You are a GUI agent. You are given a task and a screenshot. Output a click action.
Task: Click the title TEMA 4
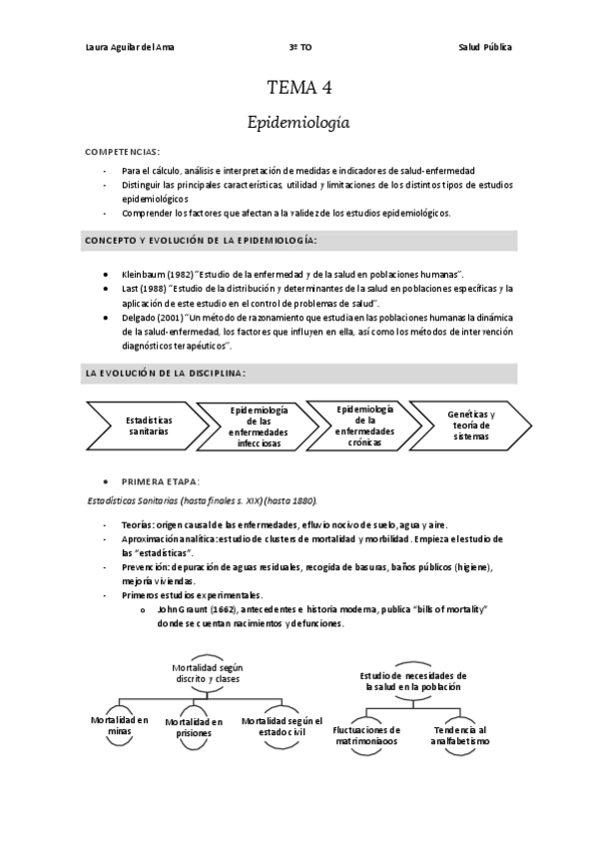[299, 88]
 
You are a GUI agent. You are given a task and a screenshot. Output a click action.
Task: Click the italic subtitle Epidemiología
[299, 122]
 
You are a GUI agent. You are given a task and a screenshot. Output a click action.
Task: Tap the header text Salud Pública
[486, 47]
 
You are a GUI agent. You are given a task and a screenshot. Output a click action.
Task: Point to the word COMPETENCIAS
[122, 151]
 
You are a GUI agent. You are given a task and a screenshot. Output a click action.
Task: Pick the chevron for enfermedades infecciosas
[259, 426]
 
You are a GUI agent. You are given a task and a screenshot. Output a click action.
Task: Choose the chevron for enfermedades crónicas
[365, 425]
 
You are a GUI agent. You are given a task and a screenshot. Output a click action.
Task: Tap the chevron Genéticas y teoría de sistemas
[471, 424]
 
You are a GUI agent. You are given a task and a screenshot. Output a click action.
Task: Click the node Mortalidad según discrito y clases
[207, 673]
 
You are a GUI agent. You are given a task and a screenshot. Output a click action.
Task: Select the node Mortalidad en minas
[120, 725]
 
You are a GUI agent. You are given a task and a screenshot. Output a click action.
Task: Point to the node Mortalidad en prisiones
[194, 727]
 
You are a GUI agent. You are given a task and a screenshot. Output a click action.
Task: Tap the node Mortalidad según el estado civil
[283, 726]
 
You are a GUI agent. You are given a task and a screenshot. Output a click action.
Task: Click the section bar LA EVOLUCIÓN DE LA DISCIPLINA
[299, 373]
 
